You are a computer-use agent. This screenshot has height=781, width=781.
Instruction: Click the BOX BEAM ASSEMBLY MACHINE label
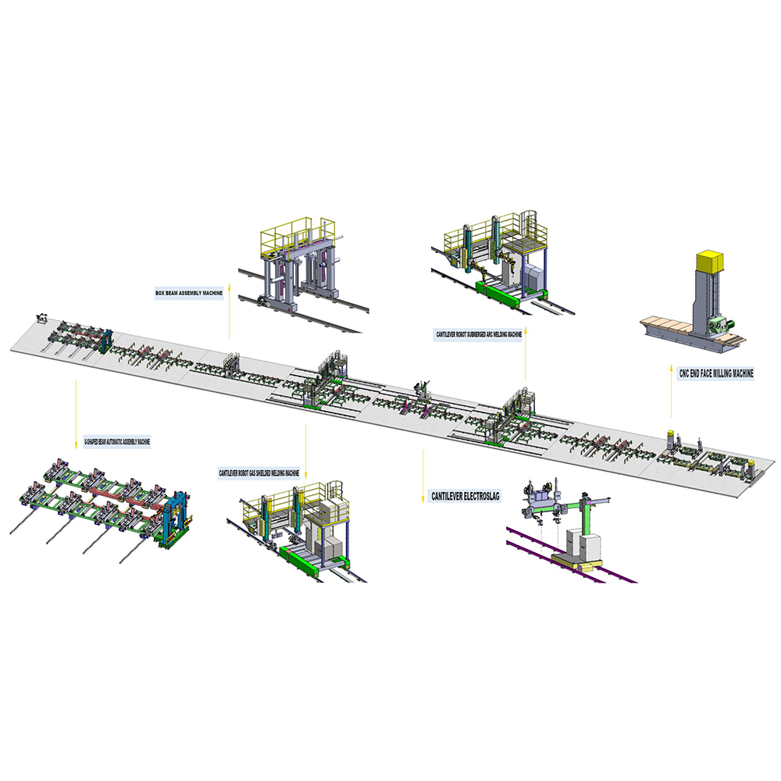pyautogui.click(x=189, y=293)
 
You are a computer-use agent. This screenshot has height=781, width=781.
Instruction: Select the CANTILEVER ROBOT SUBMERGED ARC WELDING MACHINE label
pyautogui.click(x=480, y=334)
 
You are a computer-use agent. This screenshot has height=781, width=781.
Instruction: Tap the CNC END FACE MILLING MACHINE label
pyautogui.click(x=716, y=373)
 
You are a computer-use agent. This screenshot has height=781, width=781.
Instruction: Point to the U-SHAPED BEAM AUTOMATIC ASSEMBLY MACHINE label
pyautogui.click(x=117, y=441)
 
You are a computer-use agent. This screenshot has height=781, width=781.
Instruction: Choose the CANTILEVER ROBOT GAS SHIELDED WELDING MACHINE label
pyautogui.click(x=259, y=473)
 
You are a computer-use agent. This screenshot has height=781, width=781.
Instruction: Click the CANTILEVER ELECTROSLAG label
pyautogui.click(x=465, y=496)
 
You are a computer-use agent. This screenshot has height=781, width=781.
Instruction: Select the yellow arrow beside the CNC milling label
pyautogui.click(x=671, y=392)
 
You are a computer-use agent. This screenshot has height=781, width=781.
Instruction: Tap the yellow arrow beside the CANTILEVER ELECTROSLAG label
pyautogui.click(x=423, y=476)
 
